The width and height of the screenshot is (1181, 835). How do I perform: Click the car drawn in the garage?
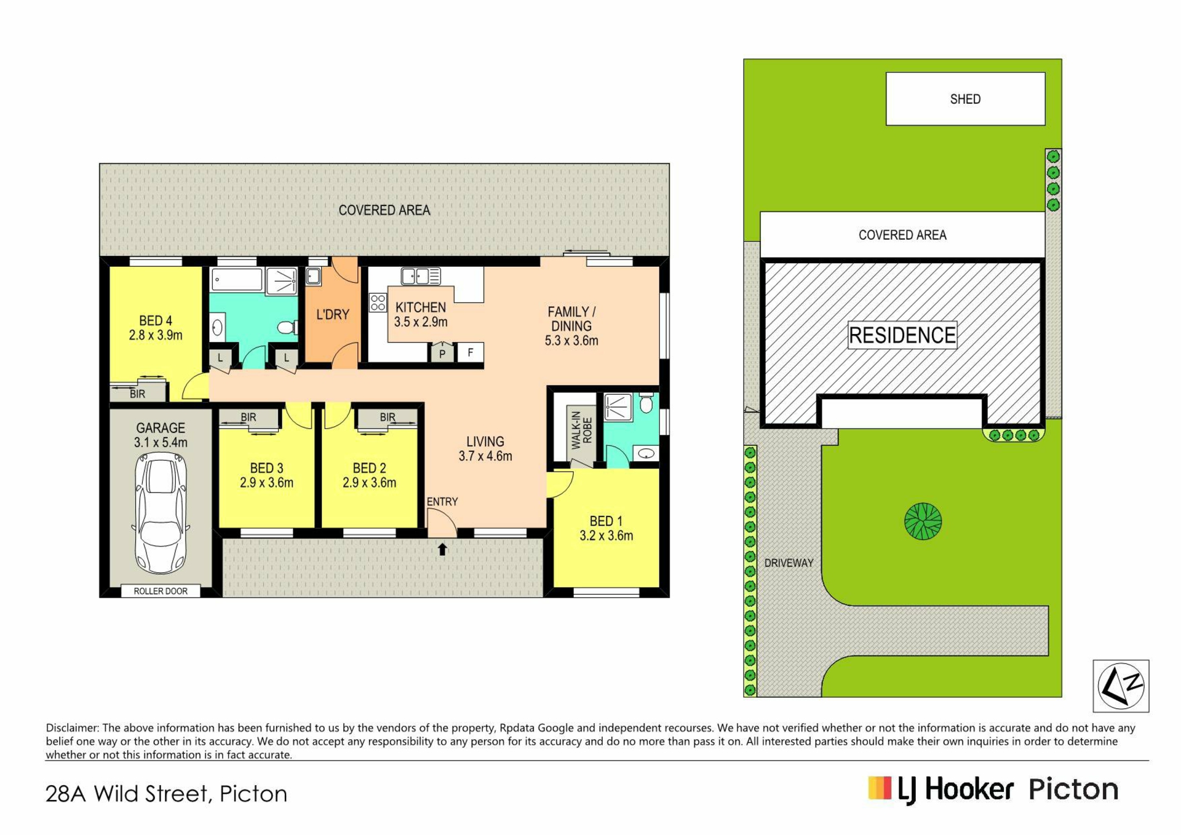click(x=161, y=513)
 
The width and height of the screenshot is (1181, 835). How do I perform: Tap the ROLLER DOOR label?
click(x=161, y=591)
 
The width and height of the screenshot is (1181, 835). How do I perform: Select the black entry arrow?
click(x=442, y=549)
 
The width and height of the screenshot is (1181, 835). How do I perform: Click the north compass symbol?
click(x=1121, y=686)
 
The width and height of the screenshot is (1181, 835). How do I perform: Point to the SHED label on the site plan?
click(x=965, y=99)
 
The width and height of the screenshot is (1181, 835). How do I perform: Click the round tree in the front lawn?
click(x=923, y=521)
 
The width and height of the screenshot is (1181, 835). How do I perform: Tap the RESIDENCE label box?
click(x=902, y=335)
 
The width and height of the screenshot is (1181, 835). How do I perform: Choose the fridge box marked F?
click(x=471, y=352)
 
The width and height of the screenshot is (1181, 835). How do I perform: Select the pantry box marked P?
click(x=442, y=353)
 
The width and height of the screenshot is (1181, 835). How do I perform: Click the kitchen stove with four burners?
click(x=378, y=303)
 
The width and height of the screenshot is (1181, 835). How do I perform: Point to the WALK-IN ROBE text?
click(x=582, y=430)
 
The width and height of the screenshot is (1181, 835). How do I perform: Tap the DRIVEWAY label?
click(x=789, y=563)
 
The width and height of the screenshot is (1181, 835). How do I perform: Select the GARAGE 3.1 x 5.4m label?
click(x=161, y=435)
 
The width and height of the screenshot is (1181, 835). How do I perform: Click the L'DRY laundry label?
click(x=333, y=315)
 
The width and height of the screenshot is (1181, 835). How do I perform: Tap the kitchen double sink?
click(x=421, y=276)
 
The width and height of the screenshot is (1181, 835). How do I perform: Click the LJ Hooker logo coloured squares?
click(x=880, y=788)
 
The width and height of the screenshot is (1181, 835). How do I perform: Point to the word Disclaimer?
click(x=72, y=728)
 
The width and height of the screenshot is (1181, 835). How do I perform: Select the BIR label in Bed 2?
click(x=388, y=417)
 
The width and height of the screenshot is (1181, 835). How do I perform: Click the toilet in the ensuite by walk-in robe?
click(x=646, y=403)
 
